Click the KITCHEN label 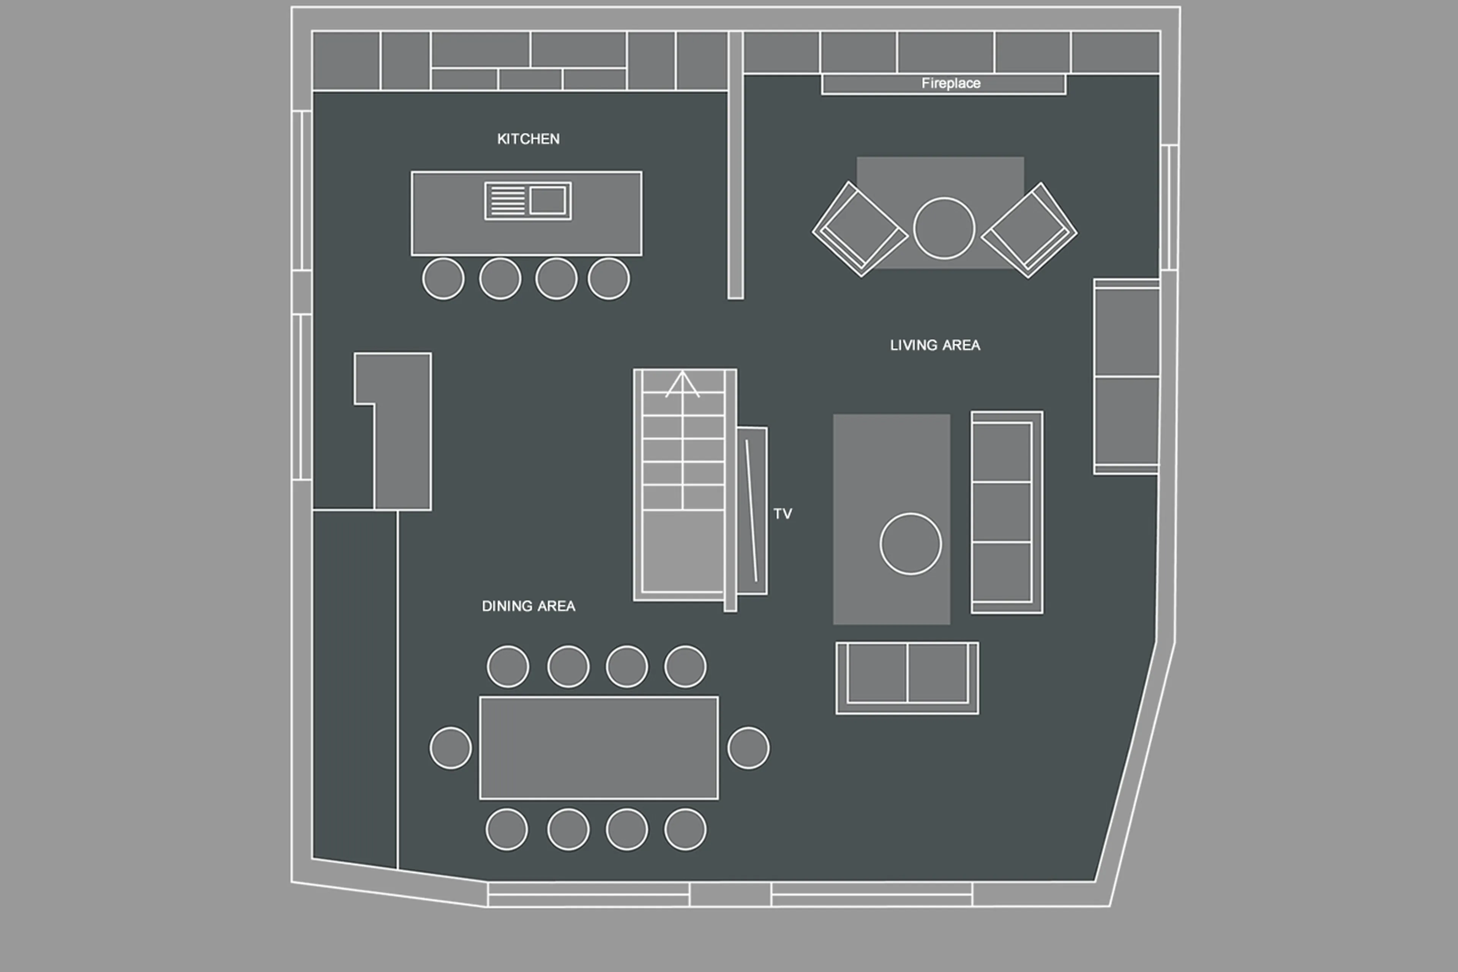point(528,139)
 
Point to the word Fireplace point(950,83)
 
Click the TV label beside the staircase point(783,513)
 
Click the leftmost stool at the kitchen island point(443,279)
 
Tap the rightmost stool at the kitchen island point(609,279)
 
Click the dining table point(598,748)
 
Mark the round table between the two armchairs point(944,228)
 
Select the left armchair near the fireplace point(860,229)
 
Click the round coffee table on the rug point(910,544)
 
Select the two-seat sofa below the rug point(907,678)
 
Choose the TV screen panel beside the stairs point(752,511)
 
